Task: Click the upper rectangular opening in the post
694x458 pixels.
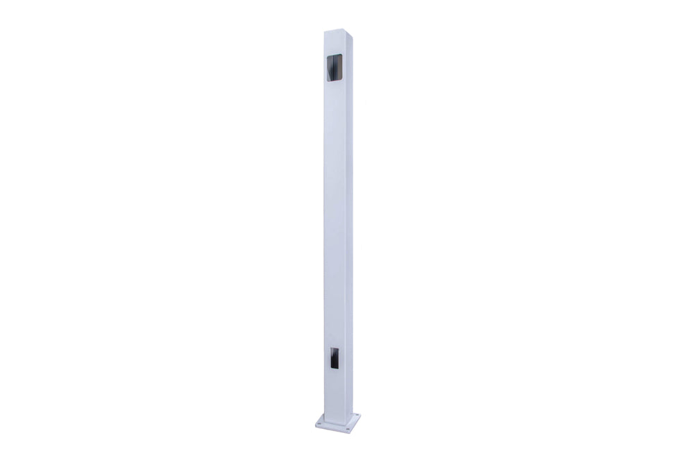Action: pyautogui.click(x=335, y=67)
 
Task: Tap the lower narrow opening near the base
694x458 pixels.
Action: pyautogui.click(x=334, y=358)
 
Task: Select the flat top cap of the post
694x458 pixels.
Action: pyautogui.click(x=339, y=31)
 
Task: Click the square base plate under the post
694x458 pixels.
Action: pyautogui.click(x=338, y=422)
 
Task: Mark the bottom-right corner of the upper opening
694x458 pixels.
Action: pyautogui.click(x=342, y=81)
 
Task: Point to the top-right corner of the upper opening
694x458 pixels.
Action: pyautogui.click(x=342, y=53)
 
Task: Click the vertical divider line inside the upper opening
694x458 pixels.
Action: pyautogui.click(x=337, y=67)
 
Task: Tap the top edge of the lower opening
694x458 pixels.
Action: pyautogui.click(x=334, y=348)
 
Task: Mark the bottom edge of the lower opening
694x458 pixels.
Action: pyautogui.click(x=334, y=368)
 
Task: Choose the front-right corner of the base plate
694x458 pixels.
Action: pyautogui.click(x=350, y=432)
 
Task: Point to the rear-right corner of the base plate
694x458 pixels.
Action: pyautogui.click(x=360, y=416)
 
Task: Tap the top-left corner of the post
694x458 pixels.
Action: pyautogui.click(x=324, y=31)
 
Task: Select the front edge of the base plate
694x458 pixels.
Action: pyautogui.click(x=333, y=430)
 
